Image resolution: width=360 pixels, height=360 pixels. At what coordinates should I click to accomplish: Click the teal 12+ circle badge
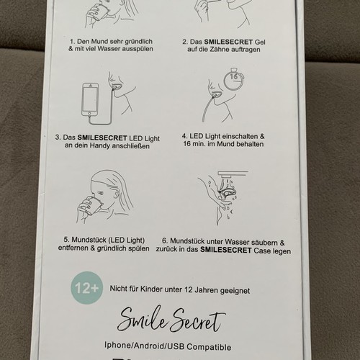[x=87, y=288]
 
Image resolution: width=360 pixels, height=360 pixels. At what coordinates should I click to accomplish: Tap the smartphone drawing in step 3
[x=90, y=99]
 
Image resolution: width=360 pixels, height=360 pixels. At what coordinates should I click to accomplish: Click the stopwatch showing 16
[x=234, y=79]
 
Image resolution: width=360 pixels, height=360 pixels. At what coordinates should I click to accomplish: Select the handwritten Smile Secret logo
[x=171, y=320]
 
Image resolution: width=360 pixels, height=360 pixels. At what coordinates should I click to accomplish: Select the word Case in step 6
[x=262, y=251]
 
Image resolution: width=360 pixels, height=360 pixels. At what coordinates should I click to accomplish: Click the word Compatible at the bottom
[x=209, y=347]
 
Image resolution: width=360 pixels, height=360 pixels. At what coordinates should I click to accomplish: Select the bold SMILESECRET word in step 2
[x=228, y=42]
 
